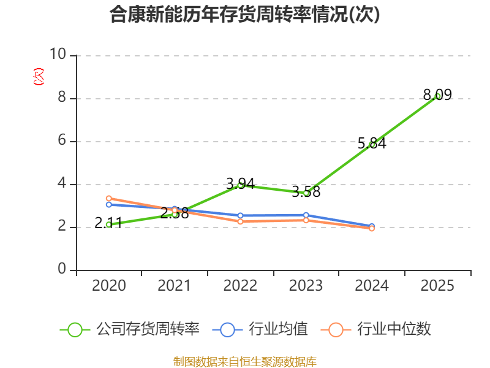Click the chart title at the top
(x=245, y=15)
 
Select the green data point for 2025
(x=437, y=96)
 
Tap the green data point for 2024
(x=372, y=144)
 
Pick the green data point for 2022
(x=240, y=185)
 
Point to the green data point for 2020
(x=108, y=224)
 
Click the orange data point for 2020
(x=108, y=198)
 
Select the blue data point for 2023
(x=306, y=215)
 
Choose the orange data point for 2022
(x=240, y=221)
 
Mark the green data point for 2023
(x=306, y=193)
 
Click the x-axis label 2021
(x=175, y=286)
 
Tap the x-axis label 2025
(x=437, y=286)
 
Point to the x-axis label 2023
(x=306, y=286)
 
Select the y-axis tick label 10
(x=58, y=55)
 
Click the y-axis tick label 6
(x=62, y=141)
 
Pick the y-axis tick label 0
(x=62, y=270)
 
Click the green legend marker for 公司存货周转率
(x=75, y=329)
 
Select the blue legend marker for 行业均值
(x=227, y=329)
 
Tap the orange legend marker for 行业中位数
(x=336, y=329)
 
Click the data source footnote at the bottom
(x=245, y=361)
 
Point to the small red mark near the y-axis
(x=39, y=77)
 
